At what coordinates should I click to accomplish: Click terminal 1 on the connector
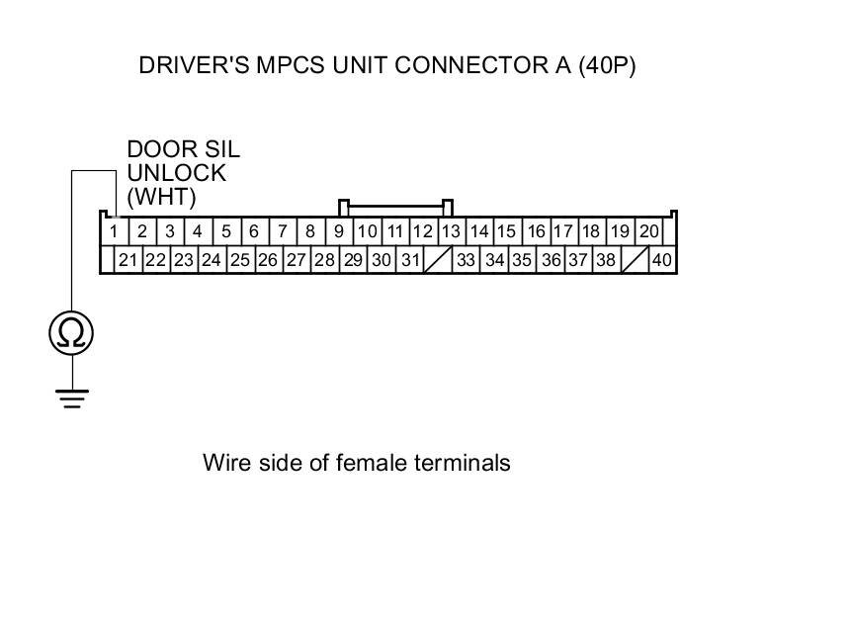115,231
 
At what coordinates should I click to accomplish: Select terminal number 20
648,231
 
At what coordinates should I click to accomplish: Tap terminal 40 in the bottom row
661,260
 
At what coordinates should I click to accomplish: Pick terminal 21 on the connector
127,260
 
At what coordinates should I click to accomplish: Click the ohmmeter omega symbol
71,333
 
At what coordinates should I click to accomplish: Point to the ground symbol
71,399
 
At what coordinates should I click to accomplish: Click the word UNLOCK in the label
163,173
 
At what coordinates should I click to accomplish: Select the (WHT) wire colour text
162,197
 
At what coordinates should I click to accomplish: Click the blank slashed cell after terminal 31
437,260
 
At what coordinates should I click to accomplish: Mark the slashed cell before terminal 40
634,260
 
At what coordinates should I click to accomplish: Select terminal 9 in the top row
338,231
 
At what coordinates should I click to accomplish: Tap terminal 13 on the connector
451,231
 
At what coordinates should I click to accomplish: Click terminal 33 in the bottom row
467,260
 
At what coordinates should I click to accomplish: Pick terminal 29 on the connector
353,260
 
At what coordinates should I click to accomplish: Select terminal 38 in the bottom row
606,260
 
